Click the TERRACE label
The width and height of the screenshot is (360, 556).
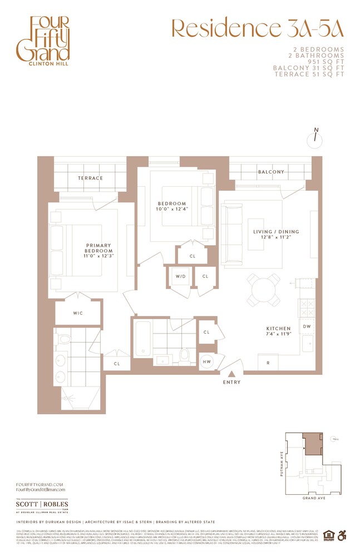91,178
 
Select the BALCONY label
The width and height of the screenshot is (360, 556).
271,172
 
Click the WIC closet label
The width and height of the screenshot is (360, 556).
78,314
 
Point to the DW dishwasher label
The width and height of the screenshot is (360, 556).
307,327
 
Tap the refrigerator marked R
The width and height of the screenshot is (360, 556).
269,363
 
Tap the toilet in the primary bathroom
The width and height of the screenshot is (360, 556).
66,339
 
